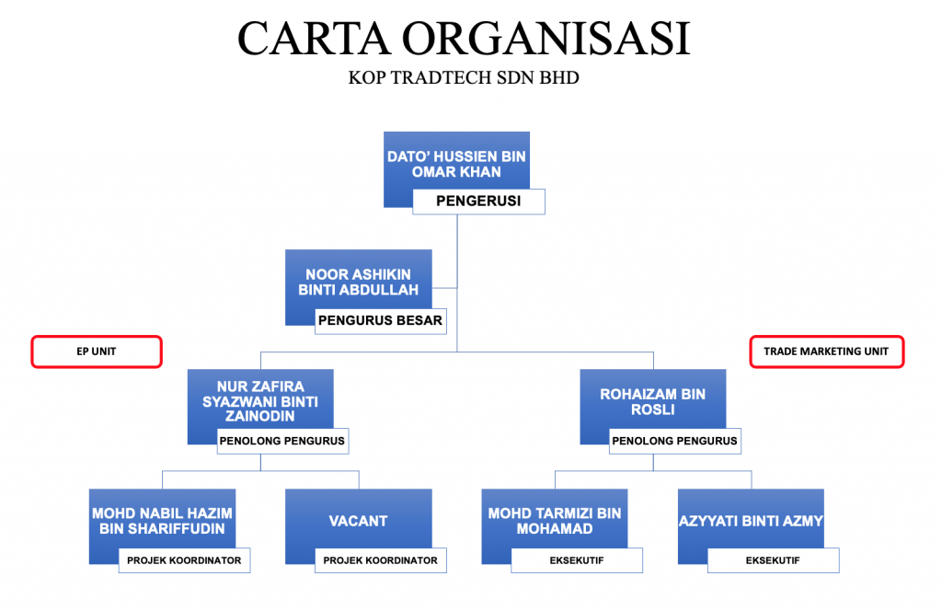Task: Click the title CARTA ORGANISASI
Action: [464, 39]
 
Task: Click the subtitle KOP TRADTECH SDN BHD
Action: [464, 78]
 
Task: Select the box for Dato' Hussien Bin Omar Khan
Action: [456, 162]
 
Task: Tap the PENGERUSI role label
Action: [478, 202]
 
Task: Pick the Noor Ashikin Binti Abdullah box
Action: [359, 280]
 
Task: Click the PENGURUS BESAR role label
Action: [381, 321]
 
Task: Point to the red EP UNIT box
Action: [97, 352]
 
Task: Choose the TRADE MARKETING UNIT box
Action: [826, 352]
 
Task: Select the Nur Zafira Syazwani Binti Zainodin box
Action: [259, 399]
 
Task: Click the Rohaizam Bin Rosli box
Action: [652, 399]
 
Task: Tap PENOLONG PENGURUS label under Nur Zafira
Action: [282, 441]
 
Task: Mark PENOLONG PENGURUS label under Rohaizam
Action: [675, 441]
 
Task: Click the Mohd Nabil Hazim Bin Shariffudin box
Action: [162, 519]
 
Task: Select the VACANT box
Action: [359, 519]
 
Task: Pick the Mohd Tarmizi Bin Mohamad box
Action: [555, 519]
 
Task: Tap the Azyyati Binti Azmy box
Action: [751, 519]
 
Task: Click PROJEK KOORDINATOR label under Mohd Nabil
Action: [184, 559]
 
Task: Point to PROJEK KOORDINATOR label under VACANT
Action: [381, 559]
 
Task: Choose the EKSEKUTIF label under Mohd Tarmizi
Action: [577, 559]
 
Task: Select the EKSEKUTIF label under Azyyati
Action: [774, 559]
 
